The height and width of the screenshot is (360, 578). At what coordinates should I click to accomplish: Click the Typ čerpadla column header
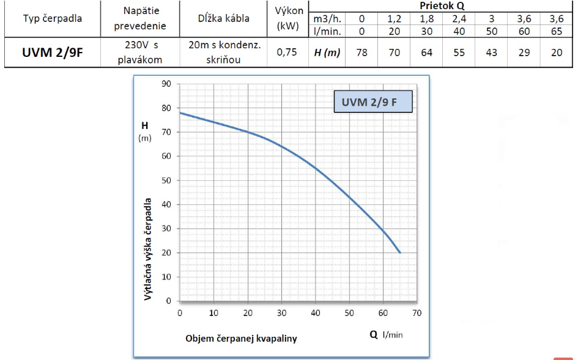[x=52, y=18]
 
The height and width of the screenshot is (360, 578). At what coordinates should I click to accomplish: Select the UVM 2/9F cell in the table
[x=52, y=53]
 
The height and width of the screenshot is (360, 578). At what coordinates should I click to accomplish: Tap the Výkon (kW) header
[x=287, y=18]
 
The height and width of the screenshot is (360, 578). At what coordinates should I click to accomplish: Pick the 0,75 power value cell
[x=287, y=53]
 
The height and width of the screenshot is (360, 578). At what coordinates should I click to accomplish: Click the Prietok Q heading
[x=442, y=6]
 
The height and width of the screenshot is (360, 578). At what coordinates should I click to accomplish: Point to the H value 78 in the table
[x=361, y=53]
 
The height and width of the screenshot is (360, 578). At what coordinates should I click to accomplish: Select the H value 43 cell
[x=491, y=53]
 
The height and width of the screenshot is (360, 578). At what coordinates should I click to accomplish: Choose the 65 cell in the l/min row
[x=556, y=31]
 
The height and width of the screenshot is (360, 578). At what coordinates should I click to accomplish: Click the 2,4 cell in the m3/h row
[x=459, y=19]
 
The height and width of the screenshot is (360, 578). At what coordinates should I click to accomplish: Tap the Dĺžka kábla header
[x=223, y=18]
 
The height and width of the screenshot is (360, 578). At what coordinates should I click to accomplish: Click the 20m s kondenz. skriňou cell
[x=223, y=53]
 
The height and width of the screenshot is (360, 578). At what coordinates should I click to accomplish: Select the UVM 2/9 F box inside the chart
[x=373, y=103]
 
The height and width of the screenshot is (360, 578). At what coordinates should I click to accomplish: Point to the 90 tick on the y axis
[x=165, y=84]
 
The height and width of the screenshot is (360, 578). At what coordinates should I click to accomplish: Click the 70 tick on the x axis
[x=417, y=313]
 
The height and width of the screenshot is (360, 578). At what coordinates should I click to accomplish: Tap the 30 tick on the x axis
[x=281, y=313]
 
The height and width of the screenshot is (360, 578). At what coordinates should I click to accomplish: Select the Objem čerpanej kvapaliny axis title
[x=241, y=338]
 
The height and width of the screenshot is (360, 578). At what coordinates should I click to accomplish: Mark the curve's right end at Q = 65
[x=400, y=252]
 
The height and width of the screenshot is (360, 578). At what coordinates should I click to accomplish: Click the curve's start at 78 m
[x=180, y=112]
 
